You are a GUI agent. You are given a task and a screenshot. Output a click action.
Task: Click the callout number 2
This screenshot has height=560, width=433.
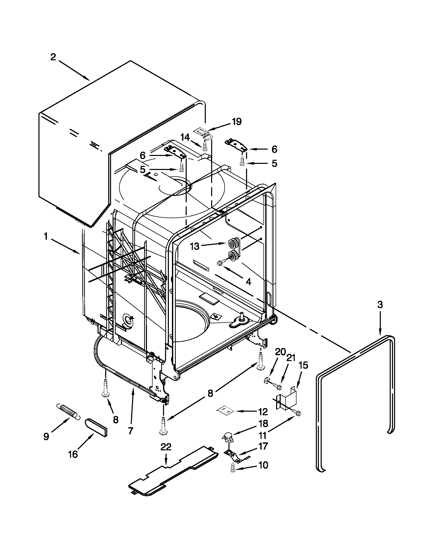53,57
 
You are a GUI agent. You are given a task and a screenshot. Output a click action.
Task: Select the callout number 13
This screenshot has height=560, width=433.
195,246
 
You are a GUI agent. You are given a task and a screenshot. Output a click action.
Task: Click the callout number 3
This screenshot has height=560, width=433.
380,305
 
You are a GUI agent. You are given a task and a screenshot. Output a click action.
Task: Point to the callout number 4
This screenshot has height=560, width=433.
248,282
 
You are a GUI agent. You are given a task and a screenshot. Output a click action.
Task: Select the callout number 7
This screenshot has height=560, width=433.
130,431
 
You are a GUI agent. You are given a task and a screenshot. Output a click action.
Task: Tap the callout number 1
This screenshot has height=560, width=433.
46,236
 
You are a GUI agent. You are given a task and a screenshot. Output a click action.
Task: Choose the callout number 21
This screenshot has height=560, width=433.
291,358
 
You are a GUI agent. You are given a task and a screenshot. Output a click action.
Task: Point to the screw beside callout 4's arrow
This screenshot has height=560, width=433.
221,263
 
